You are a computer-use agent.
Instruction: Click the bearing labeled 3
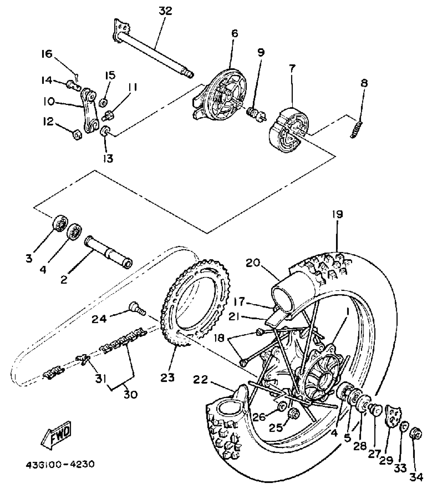point(60,222)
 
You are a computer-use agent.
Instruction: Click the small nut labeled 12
point(77,135)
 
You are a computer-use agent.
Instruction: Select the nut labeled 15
point(103,103)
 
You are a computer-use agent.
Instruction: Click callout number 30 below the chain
point(130,394)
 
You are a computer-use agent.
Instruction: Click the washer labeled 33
point(404,427)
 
